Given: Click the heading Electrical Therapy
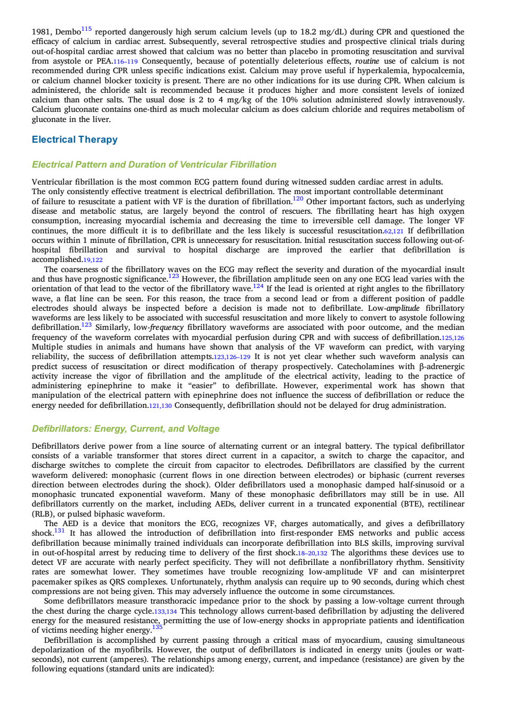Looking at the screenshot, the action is (75, 139).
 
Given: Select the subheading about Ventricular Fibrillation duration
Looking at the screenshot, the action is (154, 164).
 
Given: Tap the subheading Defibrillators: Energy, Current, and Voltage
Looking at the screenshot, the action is (126, 429).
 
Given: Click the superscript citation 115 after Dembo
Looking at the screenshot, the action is (86, 29).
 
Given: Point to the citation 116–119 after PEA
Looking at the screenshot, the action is (126, 62).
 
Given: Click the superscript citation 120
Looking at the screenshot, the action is (298, 199).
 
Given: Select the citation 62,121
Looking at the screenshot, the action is (394, 231).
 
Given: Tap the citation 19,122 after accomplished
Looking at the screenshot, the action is (93, 260).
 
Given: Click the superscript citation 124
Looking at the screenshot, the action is (258, 286).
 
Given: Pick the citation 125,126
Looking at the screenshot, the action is (453, 338).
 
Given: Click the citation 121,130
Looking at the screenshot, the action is (161, 406).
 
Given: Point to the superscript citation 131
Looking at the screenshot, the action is (59, 530).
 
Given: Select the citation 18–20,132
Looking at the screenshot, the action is (313, 553).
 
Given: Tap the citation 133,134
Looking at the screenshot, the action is (165, 612).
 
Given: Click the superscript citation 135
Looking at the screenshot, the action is (157, 627).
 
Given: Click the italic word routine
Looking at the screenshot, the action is (367, 61).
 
